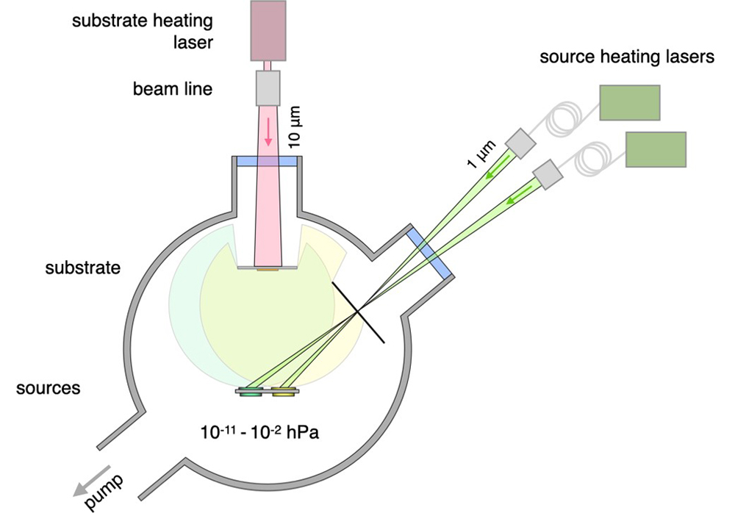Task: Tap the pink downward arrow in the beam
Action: click(x=269, y=132)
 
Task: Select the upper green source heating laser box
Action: click(x=629, y=102)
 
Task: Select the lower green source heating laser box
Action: click(x=656, y=149)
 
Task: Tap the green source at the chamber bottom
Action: click(x=251, y=393)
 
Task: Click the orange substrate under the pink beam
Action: click(x=268, y=270)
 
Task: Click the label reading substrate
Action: click(x=82, y=268)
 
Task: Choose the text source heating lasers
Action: click(x=627, y=58)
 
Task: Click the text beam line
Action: click(x=172, y=90)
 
